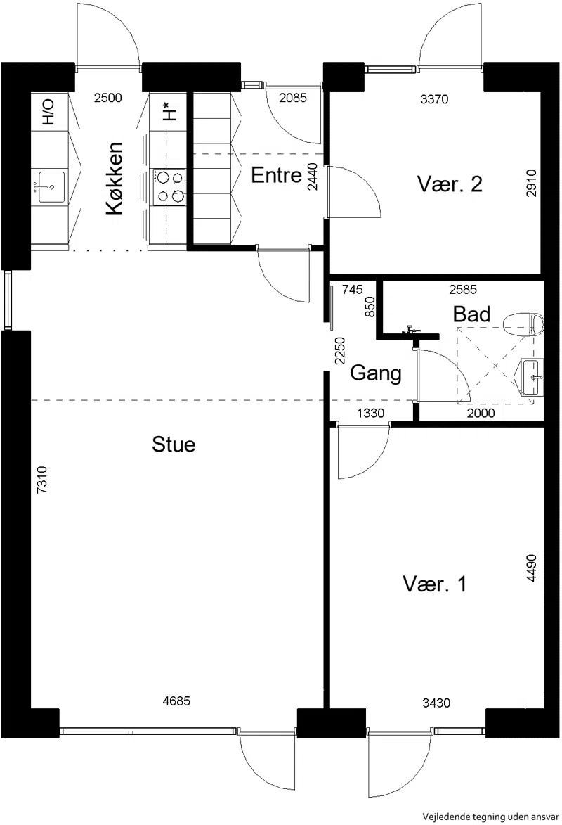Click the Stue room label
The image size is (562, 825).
coord(174,444)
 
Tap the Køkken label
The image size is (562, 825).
coord(115,179)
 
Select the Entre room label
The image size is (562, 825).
coord(276,174)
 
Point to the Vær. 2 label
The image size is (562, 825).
coord(450,184)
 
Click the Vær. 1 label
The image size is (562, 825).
coord(435,584)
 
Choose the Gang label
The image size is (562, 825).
coord(375,373)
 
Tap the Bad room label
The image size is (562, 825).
coord(471,314)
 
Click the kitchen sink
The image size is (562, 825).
coord(51,187)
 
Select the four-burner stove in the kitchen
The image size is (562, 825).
coord(169,186)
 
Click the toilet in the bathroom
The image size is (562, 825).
coord(523,325)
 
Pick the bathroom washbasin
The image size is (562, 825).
coord(532,377)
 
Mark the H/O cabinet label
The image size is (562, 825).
coord(48,112)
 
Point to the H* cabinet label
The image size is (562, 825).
coord(168,112)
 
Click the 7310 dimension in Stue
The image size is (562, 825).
coord(42,480)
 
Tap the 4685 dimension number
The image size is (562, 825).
coord(176,701)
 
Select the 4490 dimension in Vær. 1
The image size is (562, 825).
coord(532,568)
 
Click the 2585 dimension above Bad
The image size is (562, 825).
coord(463,289)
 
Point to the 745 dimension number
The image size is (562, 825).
coord(352,289)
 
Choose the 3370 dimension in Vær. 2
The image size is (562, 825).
coord(434,99)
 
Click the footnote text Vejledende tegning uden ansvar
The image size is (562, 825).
coord(490,817)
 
